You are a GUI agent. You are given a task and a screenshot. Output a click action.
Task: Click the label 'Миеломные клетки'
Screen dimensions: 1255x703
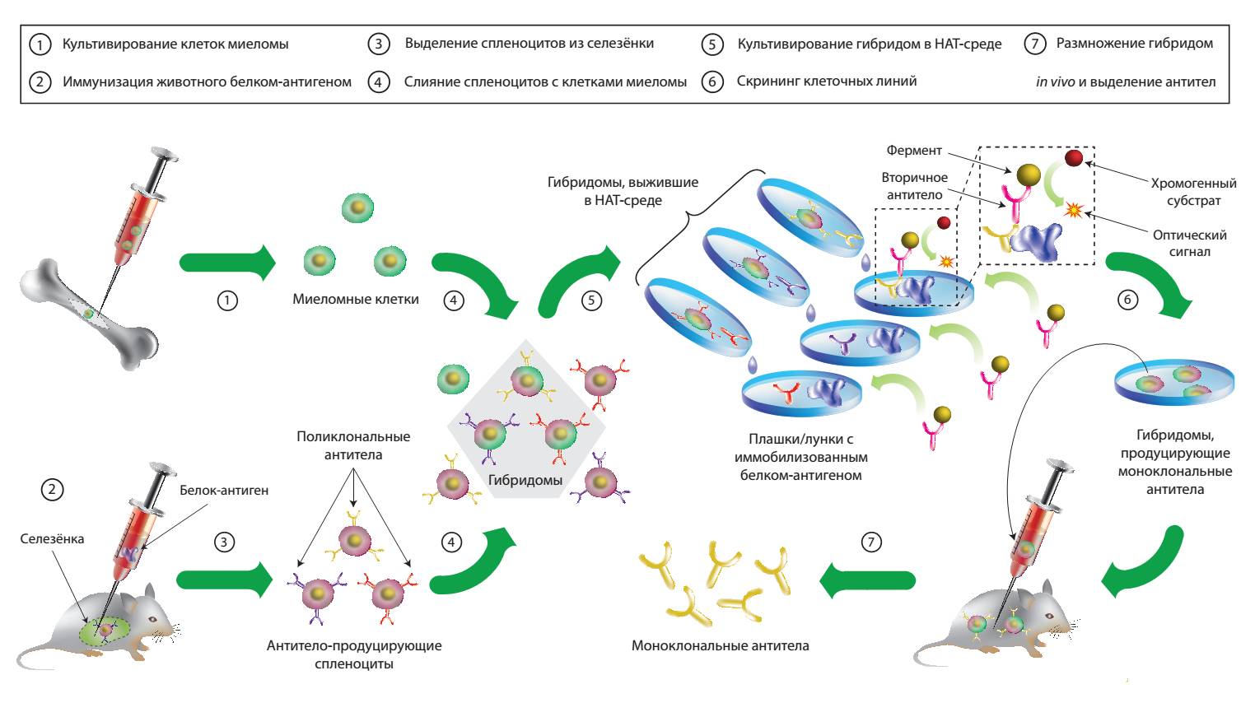tap(355, 299)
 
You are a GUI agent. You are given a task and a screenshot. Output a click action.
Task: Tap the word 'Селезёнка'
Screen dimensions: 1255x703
tap(52, 539)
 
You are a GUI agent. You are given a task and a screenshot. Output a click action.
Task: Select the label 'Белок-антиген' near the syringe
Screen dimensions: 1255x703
tap(224, 490)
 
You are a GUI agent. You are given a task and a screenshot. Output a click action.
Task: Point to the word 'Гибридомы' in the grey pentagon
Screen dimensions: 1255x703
tap(525, 480)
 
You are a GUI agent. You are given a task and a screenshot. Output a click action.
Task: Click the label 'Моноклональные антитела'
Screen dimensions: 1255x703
tap(720, 646)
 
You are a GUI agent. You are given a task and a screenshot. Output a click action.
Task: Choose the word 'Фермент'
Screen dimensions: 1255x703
tap(914, 150)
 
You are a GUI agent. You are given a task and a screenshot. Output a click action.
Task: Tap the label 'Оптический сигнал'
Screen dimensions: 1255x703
tap(1189, 243)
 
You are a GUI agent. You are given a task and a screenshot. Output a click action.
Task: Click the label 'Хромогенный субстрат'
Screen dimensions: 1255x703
tap(1193, 192)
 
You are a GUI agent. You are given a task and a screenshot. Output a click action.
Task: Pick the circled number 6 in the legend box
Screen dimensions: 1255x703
tap(712, 81)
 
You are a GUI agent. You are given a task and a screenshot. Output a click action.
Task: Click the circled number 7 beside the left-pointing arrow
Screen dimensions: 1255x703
tap(870, 542)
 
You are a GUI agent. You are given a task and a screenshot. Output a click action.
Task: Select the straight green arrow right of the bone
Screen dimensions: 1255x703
tap(227, 262)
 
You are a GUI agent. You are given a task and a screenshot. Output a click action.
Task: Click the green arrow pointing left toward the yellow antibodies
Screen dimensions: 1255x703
tap(867, 581)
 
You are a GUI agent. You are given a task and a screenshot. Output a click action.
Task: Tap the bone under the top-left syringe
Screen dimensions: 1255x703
tap(88, 314)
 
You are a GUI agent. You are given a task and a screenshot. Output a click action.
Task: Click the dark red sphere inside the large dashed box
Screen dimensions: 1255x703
tap(1074, 159)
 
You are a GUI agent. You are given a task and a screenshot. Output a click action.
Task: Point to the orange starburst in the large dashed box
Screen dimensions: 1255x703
tap(1073, 209)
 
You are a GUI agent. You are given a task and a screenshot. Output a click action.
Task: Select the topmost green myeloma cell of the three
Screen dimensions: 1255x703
tap(357, 207)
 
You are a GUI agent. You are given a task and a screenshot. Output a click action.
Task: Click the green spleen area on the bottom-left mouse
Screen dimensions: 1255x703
tap(105, 631)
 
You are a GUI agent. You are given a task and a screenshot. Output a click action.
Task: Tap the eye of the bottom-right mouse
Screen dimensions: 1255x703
tap(1049, 617)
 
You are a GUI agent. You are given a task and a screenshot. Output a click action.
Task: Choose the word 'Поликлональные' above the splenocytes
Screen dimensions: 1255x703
tap(353, 436)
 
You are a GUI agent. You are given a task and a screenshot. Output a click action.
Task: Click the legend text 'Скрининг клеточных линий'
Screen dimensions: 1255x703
tap(827, 81)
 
